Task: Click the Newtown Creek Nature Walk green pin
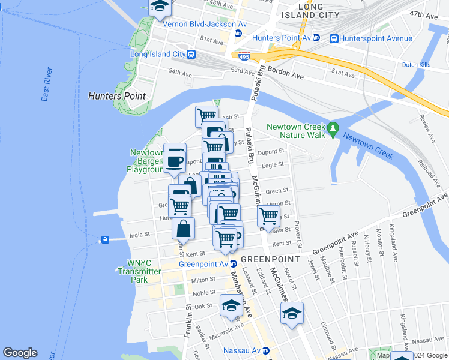[x=333, y=128]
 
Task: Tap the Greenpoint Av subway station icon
[x=233, y=264]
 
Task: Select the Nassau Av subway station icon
[x=265, y=350]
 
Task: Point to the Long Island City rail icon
[x=191, y=54]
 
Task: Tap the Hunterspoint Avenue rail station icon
[x=333, y=38]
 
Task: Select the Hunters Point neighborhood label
[x=116, y=96]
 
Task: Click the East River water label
[x=47, y=88]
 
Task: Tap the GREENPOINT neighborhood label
[x=270, y=259]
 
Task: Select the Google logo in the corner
[x=20, y=353]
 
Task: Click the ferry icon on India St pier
[x=105, y=240]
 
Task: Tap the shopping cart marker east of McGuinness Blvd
[x=268, y=215]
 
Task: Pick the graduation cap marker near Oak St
[x=231, y=305]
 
